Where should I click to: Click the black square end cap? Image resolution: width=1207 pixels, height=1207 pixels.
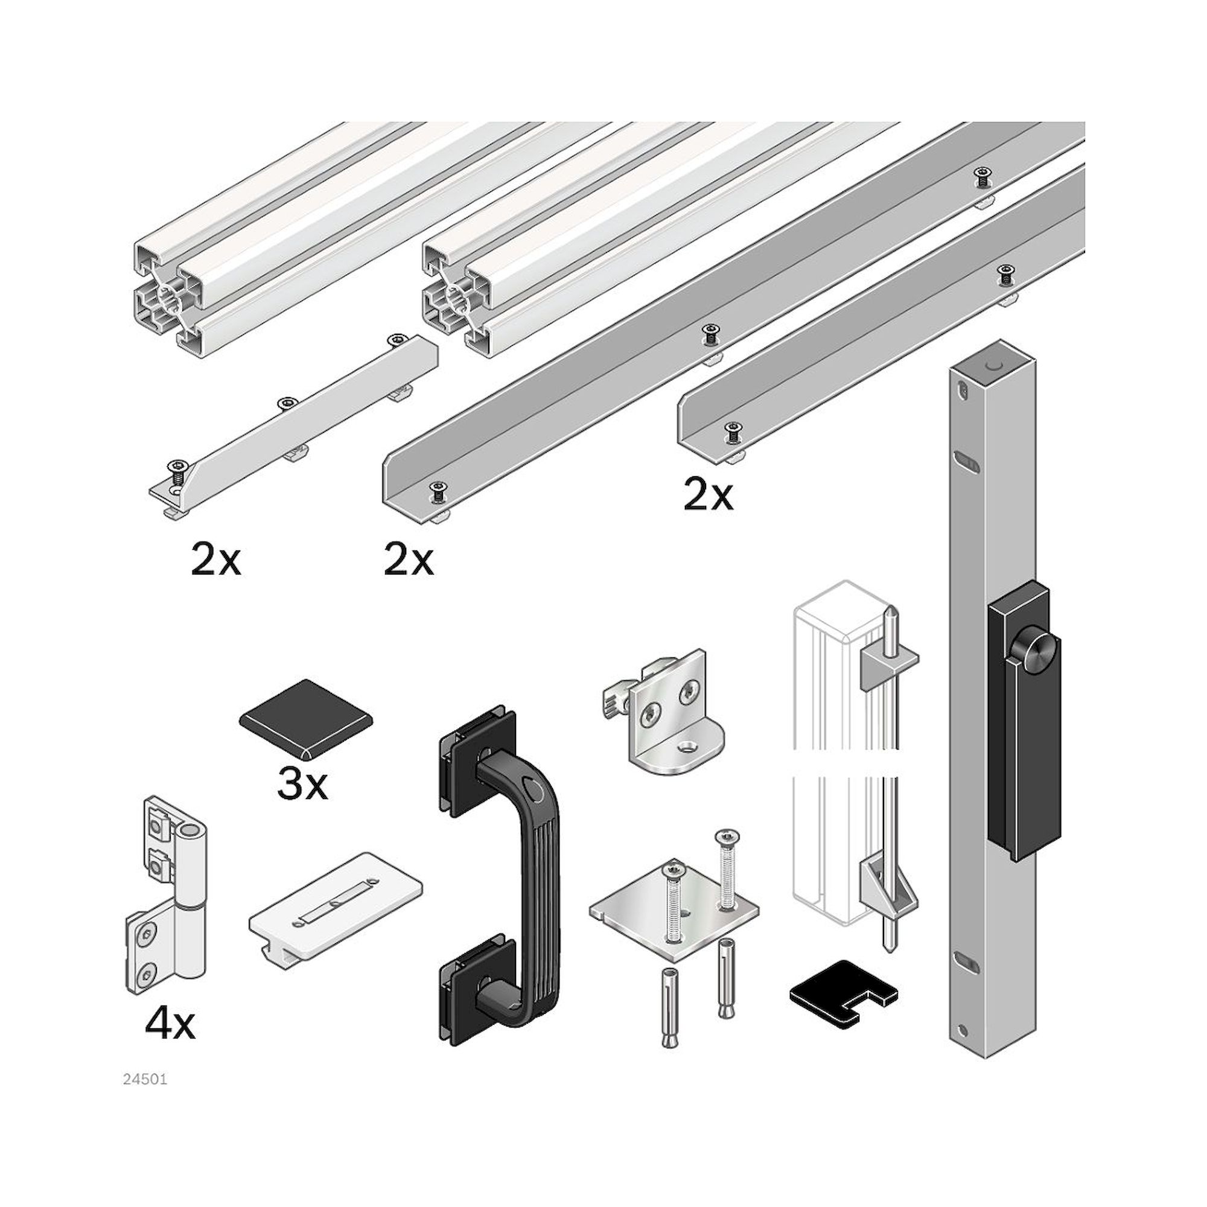point(305,718)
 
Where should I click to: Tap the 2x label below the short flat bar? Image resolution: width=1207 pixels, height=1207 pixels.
point(215,561)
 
